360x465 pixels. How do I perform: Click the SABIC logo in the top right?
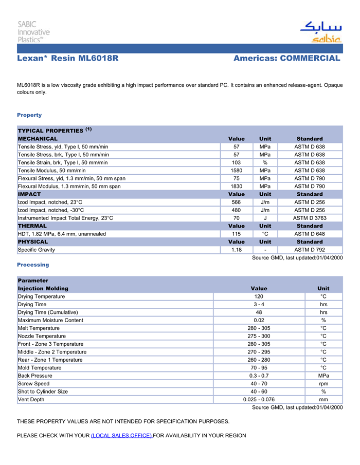coord(321,32)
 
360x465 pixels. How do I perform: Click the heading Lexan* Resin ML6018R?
coord(68,58)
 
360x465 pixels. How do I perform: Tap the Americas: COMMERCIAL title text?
coord(287,58)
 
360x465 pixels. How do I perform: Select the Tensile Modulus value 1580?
coord(237,171)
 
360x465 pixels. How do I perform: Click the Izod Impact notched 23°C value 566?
coord(237,202)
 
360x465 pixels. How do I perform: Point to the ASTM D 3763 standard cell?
coord(310,218)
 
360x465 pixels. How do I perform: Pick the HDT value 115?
coord(237,234)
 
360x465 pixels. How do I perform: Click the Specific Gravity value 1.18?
coord(237,250)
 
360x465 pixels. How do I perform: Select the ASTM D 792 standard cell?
coord(310,250)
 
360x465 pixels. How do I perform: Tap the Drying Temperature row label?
coord(42,296)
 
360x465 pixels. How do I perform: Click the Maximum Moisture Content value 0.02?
coord(259,320)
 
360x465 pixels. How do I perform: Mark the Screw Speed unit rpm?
coord(323,383)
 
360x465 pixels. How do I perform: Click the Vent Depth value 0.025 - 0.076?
coord(259,399)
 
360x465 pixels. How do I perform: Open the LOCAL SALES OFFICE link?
coord(121,436)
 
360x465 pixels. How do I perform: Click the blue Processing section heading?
coord(33,265)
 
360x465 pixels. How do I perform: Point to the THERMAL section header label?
coord(32,226)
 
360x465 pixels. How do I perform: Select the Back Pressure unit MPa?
coord(323,376)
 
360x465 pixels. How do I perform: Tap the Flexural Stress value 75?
coord(237,178)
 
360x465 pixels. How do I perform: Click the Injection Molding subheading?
coord(43,289)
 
